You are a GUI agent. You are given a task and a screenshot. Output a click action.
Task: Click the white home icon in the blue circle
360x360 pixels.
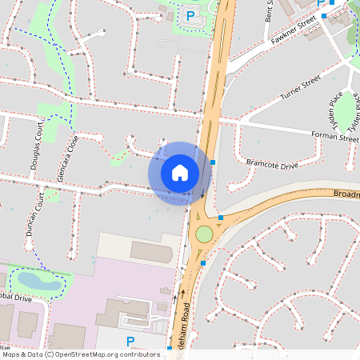click(x=180, y=173)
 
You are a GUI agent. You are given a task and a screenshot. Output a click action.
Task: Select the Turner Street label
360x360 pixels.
click(x=300, y=89)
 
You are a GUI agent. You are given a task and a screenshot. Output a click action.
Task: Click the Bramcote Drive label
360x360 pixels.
click(x=271, y=164)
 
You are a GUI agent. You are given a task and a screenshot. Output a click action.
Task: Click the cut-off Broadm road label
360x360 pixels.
click(x=346, y=194)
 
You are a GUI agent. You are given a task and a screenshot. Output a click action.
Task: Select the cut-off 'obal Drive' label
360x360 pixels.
click(x=16, y=298)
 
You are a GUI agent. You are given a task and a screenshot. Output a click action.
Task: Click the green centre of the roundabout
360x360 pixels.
click(x=204, y=234)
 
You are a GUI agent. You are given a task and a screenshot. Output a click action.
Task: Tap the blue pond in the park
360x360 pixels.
click(x=36, y=280)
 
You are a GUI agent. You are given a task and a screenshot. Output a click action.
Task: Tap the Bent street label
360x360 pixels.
click(x=270, y=10)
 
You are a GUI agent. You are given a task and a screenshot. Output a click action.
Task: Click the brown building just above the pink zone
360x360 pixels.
click(x=151, y=251)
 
